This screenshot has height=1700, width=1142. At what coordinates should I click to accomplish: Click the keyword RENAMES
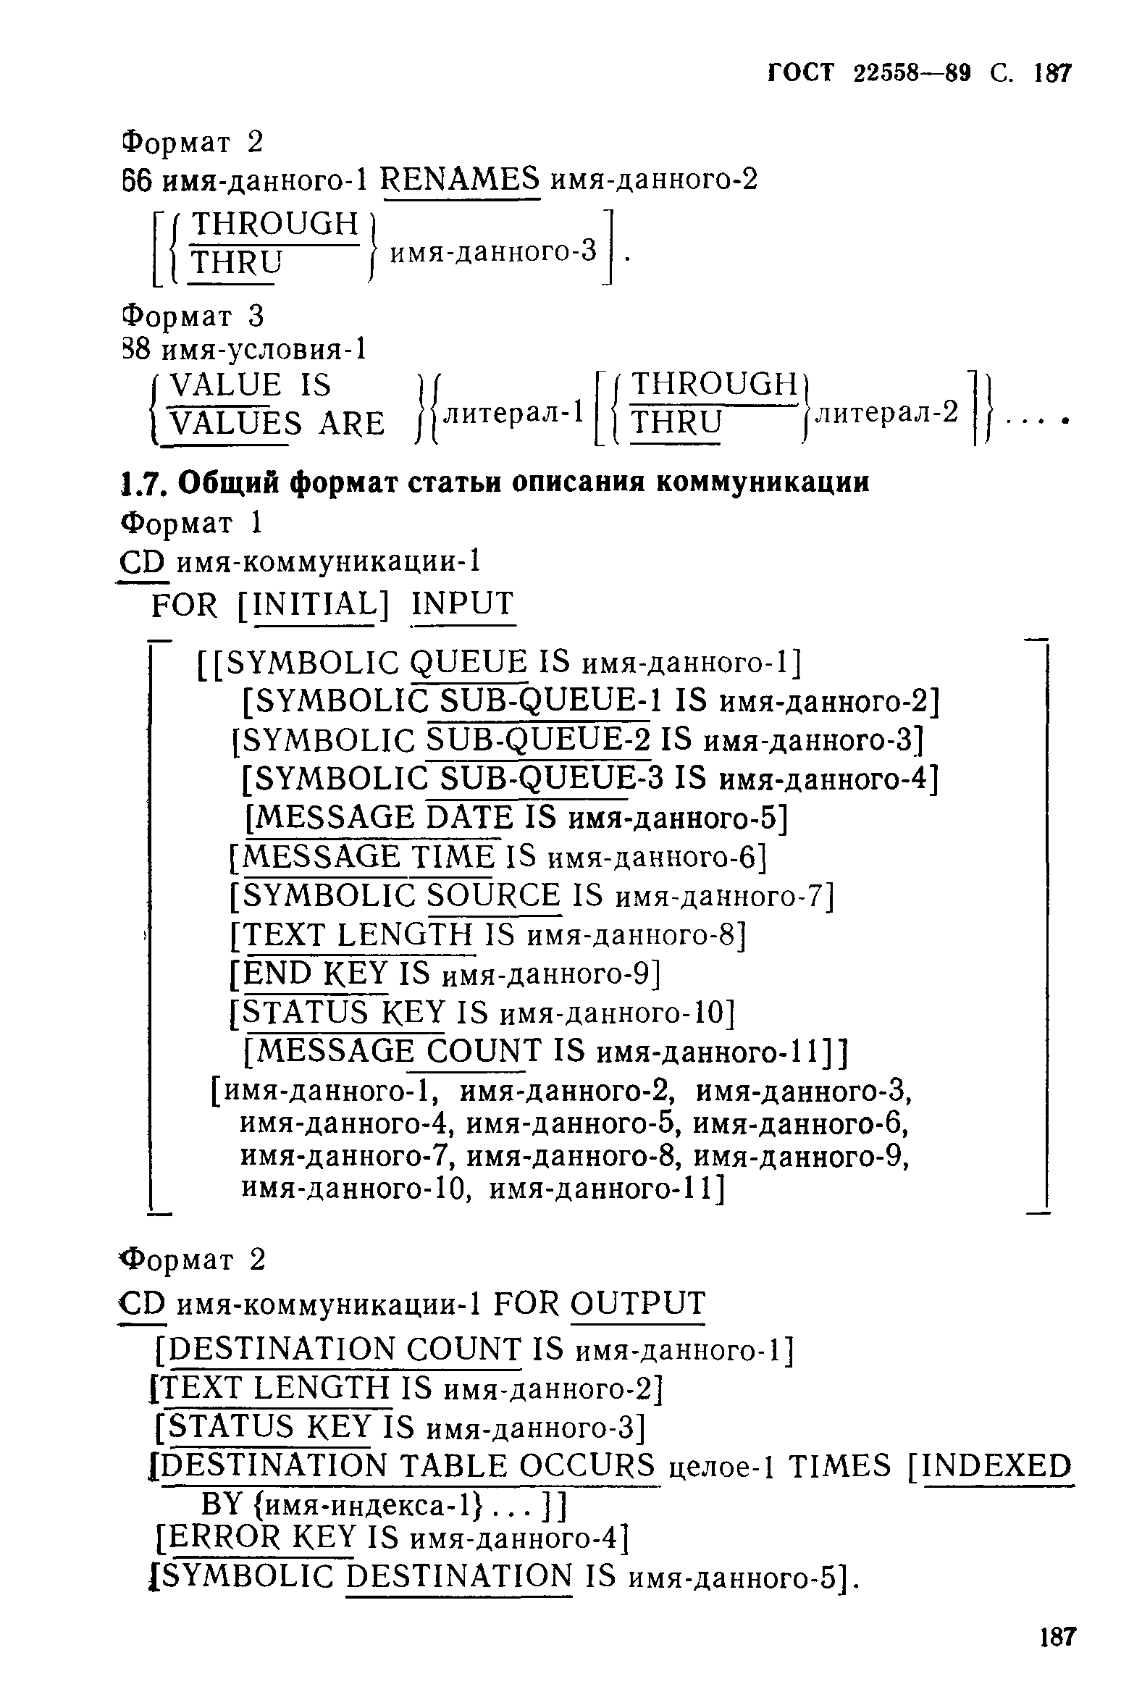[x=461, y=179]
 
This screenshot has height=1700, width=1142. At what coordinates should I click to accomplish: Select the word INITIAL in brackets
[x=312, y=605]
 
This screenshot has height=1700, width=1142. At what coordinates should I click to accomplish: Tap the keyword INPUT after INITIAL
[x=463, y=605]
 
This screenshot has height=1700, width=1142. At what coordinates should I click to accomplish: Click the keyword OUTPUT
[x=638, y=1304]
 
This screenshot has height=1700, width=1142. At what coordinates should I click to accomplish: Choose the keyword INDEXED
[x=997, y=1465]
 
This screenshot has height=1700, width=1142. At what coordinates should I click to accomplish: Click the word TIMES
[x=840, y=1465]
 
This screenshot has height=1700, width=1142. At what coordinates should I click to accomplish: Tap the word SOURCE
[x=494, y=895]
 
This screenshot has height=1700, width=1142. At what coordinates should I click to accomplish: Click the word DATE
[x=470, y=818]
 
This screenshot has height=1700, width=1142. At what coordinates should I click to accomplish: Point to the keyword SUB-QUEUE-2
[x=538, y=740]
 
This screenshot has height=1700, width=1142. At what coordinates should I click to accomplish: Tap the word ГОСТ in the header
[x=800, y=74]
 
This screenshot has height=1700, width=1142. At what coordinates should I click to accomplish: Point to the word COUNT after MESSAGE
[x=484, y=1050]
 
